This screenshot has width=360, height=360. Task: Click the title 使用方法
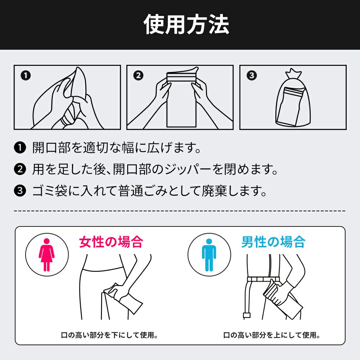click(x=186, y=24)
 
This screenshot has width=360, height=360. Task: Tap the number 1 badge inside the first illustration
click(x=26, y=76)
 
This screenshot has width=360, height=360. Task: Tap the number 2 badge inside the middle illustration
click(x=138, y=76)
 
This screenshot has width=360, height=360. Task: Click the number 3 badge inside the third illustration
click(x=252, y=76)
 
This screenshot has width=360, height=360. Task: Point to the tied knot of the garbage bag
click(x=293, y=74)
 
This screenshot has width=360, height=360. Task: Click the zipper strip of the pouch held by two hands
click(x=181, y=77)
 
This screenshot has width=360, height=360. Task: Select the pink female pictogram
click(x=46, y=255)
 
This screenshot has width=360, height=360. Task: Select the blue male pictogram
click(x=209, y=255)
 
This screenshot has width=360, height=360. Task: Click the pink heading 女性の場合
click(x=111, y=242)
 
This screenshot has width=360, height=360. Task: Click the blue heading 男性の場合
click(x=273, y=242)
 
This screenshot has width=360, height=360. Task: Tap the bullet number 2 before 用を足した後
click(x=20, y=170)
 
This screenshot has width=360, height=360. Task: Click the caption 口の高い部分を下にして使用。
click(x=109, y=335)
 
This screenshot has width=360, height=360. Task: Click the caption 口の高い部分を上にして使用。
click(x=272, y=335)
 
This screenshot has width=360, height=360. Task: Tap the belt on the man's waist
click(x=263, y=279)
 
